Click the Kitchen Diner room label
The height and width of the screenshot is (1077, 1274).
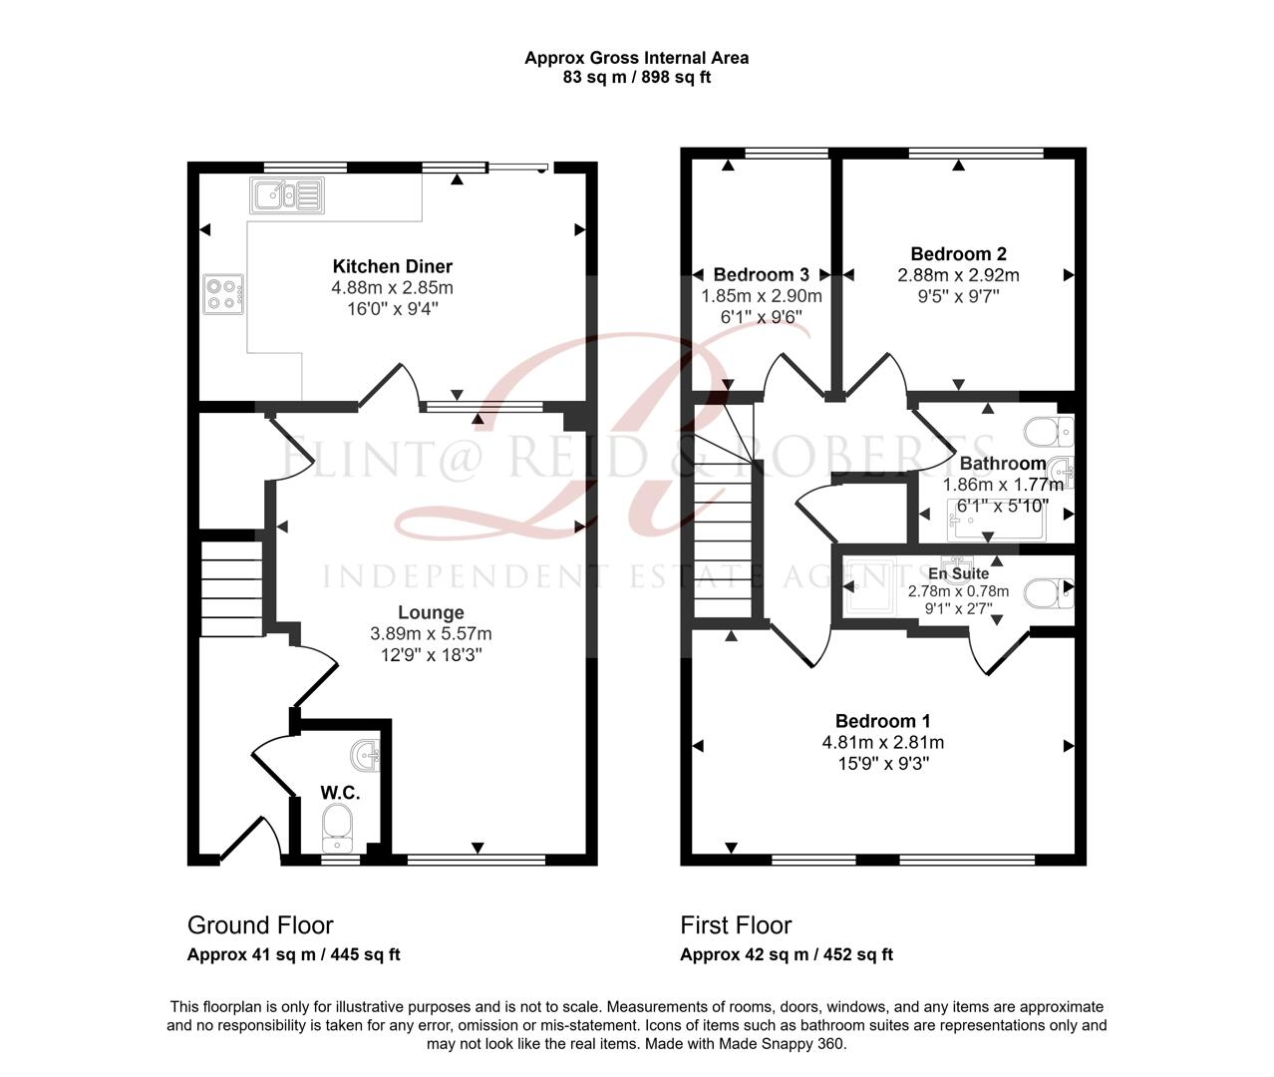click(x=392, y=266)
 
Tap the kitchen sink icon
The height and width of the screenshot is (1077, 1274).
click(x=286, y=194)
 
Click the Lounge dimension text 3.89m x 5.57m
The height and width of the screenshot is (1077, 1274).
click(x=431, y=633)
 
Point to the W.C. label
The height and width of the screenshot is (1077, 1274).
click(x=340, y=793)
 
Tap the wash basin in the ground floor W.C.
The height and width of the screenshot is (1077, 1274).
click(x=367, y=756)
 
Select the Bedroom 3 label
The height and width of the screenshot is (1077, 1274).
click(x=761, y=275)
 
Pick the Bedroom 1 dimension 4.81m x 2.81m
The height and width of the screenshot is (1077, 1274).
click(x=882, y=742)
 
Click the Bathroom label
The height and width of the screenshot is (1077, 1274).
click(x=1002, y=464)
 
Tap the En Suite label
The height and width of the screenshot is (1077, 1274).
click(x=958, y=573)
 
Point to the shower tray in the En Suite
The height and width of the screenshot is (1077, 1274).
click(x=863, y=596)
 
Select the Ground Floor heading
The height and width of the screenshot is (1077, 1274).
click(x=260, y=925)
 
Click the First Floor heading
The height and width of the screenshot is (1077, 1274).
click(x=736, y=925)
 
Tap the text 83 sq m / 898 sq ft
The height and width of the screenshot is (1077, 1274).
click(x=636, y=77)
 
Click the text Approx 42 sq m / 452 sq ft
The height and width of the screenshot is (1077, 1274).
click(x=786, y=954)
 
